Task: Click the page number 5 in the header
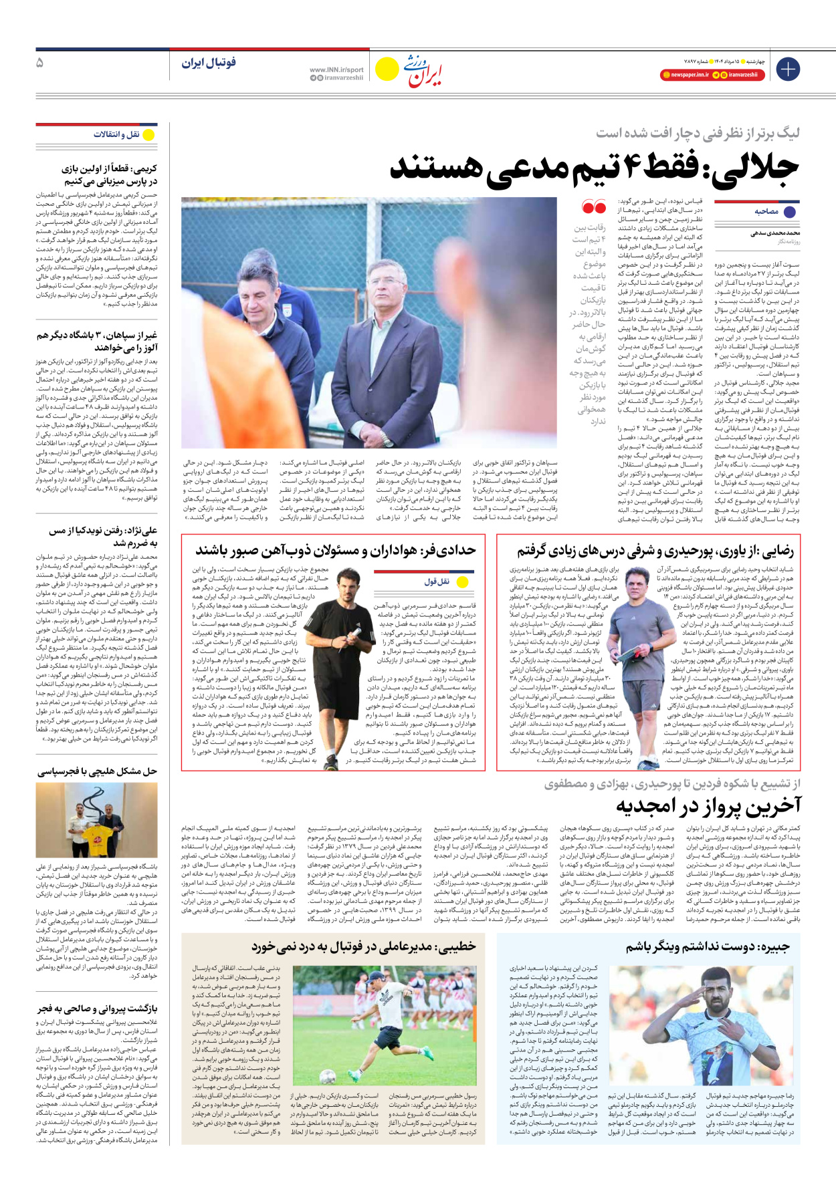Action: [x=40, y=63]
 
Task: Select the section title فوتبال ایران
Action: [x=209, y=63]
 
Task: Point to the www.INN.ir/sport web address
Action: [x=336, y=70]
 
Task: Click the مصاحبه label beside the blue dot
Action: [x=766, y=211]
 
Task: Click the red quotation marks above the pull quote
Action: [x=593, y=207]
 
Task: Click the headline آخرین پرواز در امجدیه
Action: [x=708, y=806]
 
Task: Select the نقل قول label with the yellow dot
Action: [x=437, y=581]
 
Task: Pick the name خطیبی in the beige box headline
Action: [x=455, y=946]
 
